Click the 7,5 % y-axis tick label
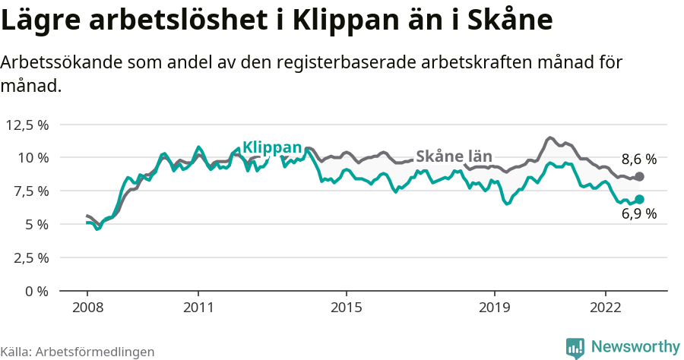point(30,191)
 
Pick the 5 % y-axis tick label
point(36,224)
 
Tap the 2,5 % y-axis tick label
point(30,257)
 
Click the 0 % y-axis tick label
point(36,291)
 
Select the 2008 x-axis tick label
point(87,308)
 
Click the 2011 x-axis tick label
point(198,308)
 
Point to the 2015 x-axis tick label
point(347,308)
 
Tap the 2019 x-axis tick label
point(495,308)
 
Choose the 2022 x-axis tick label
point(606,308)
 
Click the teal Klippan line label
point(272,147)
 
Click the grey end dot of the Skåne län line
point(639,176)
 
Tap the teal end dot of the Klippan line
point(639,199)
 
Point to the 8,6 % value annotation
point(638,159)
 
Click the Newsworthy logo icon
point(575,347)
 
